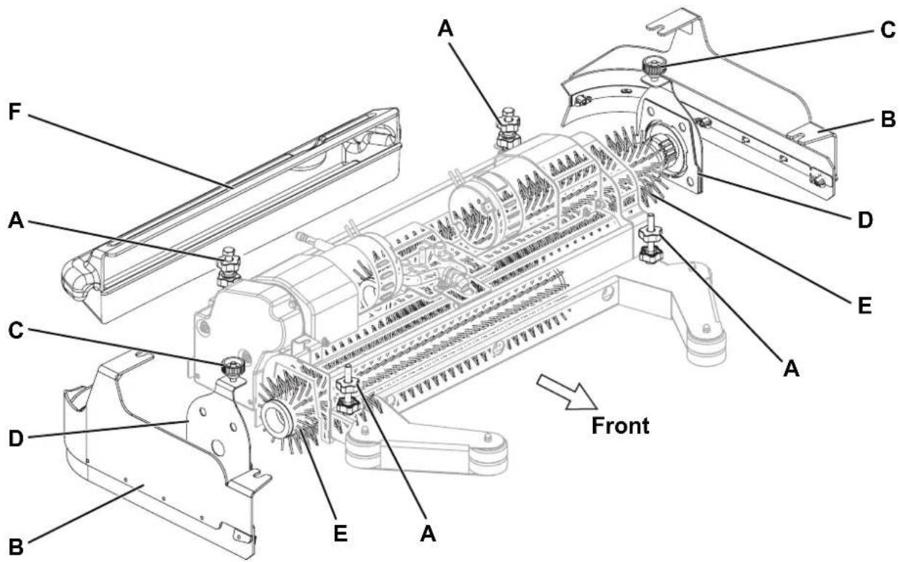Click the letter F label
point(15,112)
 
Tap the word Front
point(621,425)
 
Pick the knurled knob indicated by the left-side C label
point(233,367)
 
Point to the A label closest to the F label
point(16,220)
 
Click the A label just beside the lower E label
point(428,534)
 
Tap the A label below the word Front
point(791,368)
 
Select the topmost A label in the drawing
point(445,29)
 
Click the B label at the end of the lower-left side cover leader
point(16,547)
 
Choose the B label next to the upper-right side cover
point(888,119)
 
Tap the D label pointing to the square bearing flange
point(865,220)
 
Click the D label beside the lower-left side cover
point(16,438)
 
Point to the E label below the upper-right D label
point(864,306)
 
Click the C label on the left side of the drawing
point(16,332)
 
